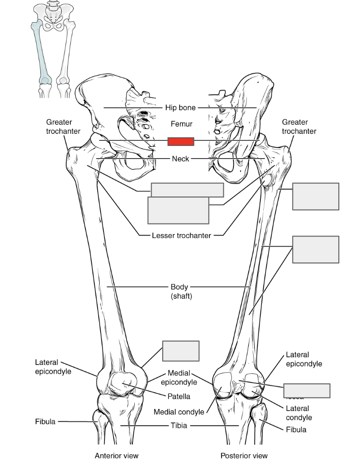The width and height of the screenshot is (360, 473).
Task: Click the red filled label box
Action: (x=180, y=141)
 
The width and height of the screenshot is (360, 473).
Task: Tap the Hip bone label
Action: (x=180, y=108)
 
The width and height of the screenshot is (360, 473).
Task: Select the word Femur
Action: (x=181, y=124)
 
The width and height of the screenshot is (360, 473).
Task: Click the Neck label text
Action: (x=180, y=158)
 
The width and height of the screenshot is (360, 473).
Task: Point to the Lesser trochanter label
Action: (x=181, y=236)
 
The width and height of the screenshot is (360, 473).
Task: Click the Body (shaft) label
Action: (x=181, y=291)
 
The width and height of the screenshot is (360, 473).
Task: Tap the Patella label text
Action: (x=179, y=396)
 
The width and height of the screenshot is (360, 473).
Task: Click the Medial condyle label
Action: (x=179, y=412)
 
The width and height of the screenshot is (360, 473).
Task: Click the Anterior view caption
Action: (x=116, y=455)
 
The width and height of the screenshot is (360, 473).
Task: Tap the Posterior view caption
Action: (x=244, y=455)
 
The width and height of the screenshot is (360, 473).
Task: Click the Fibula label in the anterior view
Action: (x=45, y=421)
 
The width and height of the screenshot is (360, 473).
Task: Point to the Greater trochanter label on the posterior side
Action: (x=299, y=127)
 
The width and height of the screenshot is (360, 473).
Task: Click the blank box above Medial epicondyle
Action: (x=180, y=351)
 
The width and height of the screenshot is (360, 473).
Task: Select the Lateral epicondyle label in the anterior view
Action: (x=53, y=367)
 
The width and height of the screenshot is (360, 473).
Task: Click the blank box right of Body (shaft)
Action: (x=315, y=250)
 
